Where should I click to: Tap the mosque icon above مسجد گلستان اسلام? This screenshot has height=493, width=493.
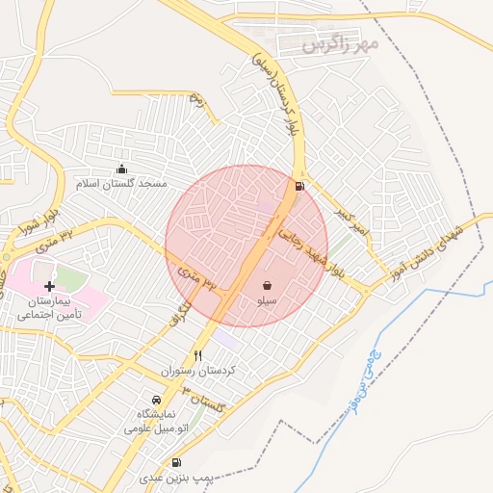click(x=121, y=169)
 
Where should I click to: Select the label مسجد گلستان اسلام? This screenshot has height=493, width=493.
click(x=122, y=183)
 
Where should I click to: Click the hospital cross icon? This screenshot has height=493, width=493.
click(x=49, y=287)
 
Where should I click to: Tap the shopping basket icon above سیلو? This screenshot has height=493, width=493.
click(x=267, y=286)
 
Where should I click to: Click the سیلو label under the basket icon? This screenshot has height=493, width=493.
click(x=267, y=301)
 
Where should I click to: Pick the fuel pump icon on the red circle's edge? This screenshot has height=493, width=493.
click(x=300, y=186)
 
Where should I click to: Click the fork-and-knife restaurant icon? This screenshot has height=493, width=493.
click(x=198, y=355)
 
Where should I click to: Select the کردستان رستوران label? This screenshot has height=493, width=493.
click(x=196, y=371)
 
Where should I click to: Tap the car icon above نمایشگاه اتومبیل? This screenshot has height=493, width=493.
click(x=156, y=400)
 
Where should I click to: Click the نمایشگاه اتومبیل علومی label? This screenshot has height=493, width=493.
click(x=155, y=421)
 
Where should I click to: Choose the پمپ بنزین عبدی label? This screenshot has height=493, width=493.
click(x=173, y=478)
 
